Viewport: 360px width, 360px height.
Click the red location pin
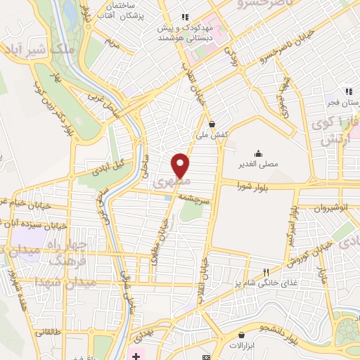181,165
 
